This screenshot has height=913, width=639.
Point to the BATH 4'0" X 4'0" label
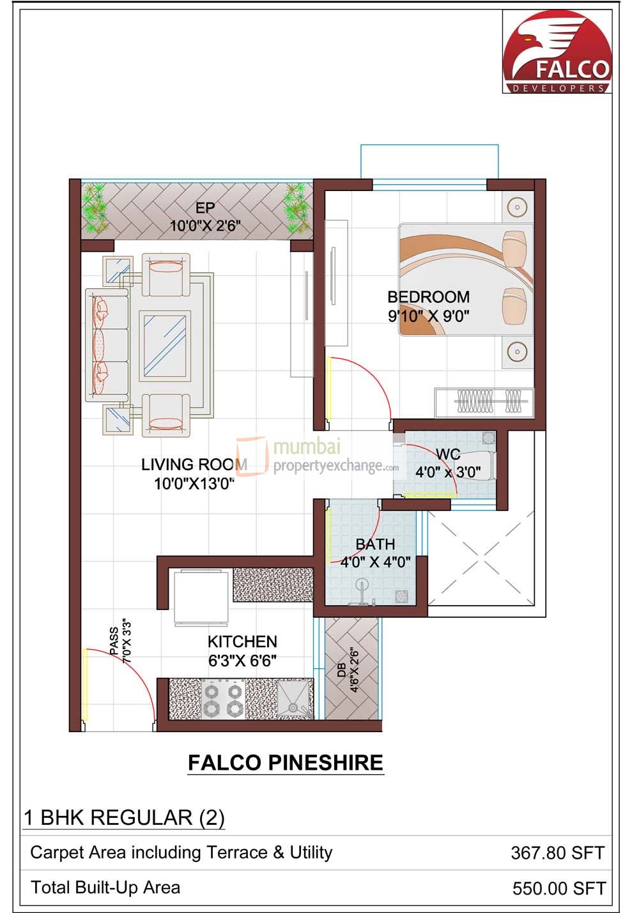pos(375,553)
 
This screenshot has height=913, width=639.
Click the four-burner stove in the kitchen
pos(224,700)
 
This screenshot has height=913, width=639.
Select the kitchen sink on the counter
pos(294,700)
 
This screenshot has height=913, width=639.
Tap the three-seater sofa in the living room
pos(107,344)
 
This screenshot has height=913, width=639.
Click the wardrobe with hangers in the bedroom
pos(484,403)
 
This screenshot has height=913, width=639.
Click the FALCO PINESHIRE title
pos(285,762)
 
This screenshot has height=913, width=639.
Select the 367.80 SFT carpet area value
pos(557,852)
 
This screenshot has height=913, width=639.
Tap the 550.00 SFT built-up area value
pos(558,888)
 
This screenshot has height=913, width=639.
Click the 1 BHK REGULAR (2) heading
pos(124,818)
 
